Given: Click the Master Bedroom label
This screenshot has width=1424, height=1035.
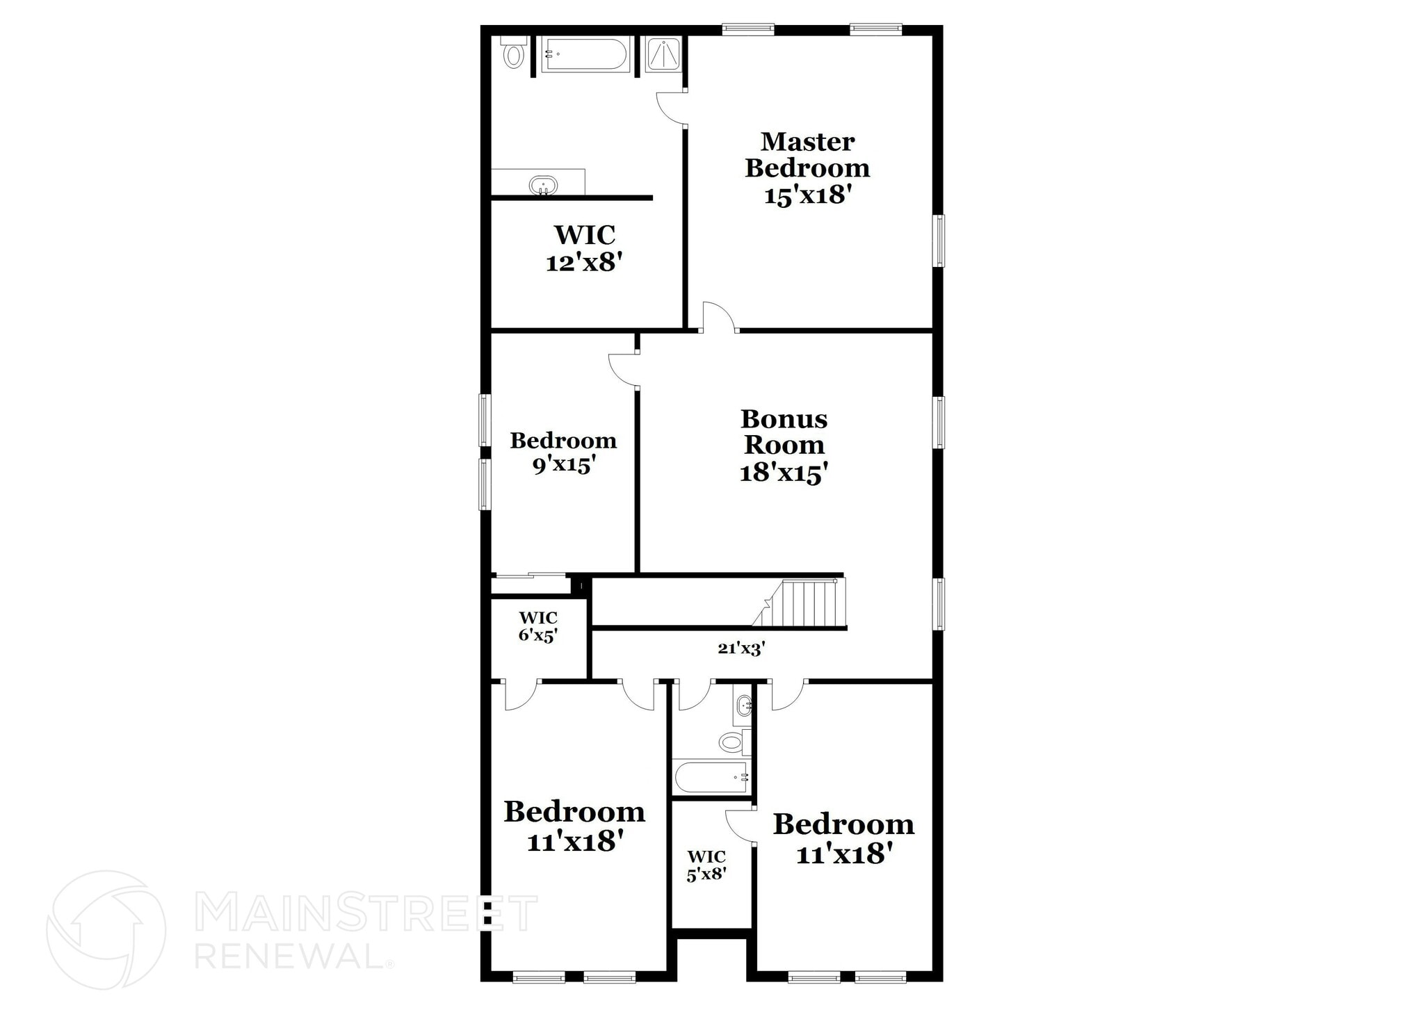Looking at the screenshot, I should coord(807,168).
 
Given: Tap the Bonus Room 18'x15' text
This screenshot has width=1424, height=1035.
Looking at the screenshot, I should coord(784,446).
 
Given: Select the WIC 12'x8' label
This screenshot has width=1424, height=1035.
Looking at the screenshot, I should coord(584,248).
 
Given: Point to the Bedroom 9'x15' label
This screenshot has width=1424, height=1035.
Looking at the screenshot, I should coord(563,452).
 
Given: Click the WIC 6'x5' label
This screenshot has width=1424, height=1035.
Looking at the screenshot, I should coord(538,626).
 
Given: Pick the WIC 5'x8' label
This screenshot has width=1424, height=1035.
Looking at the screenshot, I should coord(706,865).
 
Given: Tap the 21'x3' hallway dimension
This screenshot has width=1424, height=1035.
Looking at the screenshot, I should coord(741,649).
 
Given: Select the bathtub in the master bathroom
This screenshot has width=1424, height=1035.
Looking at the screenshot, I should coord(585,54).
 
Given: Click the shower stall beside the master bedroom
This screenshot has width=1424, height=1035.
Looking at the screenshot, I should coord(663,54).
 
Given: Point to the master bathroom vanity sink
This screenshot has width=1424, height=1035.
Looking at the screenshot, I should coord(543,186).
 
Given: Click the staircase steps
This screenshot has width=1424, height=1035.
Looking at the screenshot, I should coord(807,603).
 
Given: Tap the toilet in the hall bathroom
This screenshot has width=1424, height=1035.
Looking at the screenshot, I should coord(733,742).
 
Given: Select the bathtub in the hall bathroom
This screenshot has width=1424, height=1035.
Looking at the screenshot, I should coord(711,777).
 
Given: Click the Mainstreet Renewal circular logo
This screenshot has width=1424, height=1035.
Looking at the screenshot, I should coord(106,929).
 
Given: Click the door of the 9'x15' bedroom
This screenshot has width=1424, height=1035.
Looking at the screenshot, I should coord(624,369).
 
